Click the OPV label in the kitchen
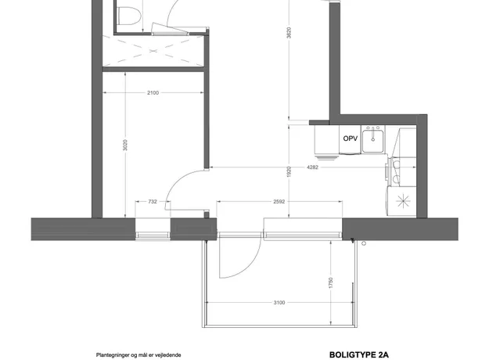tap(351, 139)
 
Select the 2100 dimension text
tap(153, 92)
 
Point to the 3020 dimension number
tap(125, 145)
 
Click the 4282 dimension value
tap(312, 167)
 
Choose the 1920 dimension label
tap(289, 172)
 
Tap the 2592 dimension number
tap(279, 202)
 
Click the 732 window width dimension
tap(153, 202)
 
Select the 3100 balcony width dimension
tap(279, 302)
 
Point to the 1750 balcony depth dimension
tap(331, 283)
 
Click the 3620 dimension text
tap(289, 33)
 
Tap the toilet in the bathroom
tap(129, 14)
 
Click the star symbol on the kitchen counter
tap(403, 201)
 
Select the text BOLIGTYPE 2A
tap(359, 355)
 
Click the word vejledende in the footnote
tap(170, 355)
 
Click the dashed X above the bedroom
tap(153, 51)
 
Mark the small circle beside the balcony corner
tap(363, 243)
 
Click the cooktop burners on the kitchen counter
tap(396, 171)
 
